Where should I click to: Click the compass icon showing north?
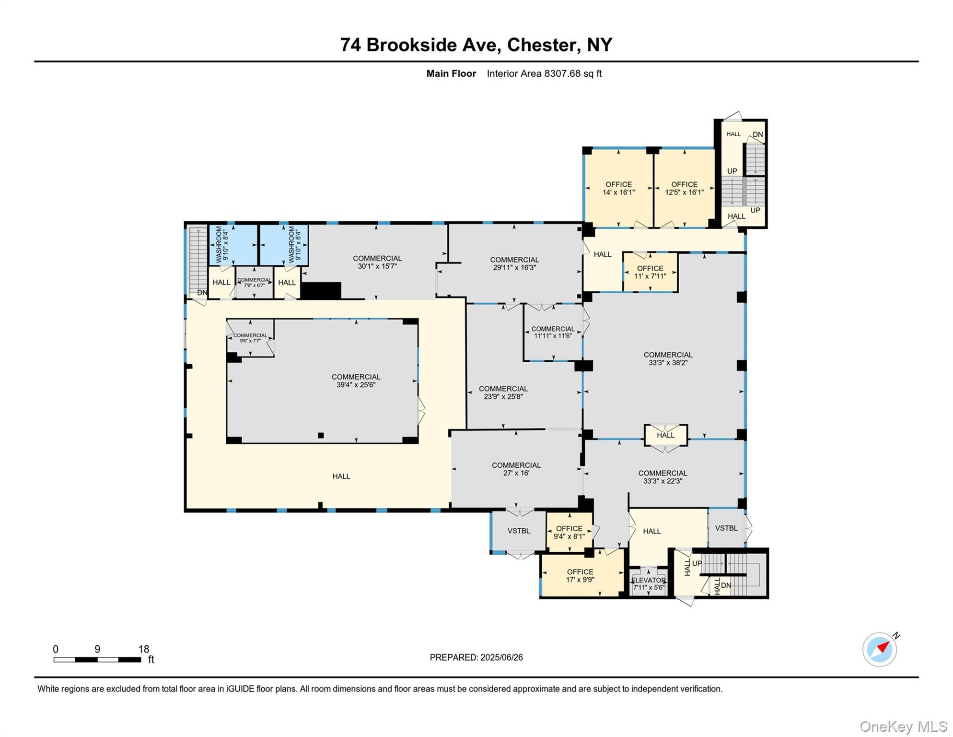point(880,649)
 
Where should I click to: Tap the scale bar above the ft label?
point(97,660)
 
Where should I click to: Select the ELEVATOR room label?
point(648,580)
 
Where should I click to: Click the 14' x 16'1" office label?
point(618,188)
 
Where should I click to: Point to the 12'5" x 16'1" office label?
point(684,188)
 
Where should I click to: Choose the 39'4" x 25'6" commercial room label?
point(356,380)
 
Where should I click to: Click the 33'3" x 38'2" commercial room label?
point(668,359)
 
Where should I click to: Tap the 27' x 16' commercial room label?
point(516,469)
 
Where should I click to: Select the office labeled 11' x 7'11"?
point(650,272)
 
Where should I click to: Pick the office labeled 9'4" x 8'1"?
point(569,532)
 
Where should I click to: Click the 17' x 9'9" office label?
point(580,575)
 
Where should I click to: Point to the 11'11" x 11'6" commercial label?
point(553,332)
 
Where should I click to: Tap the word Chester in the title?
point(542,45)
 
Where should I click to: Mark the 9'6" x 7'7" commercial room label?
point(250,338)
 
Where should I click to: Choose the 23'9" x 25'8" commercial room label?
point(503,392)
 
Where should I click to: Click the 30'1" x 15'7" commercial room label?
point(377,262)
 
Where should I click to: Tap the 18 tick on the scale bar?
point(143,649)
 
